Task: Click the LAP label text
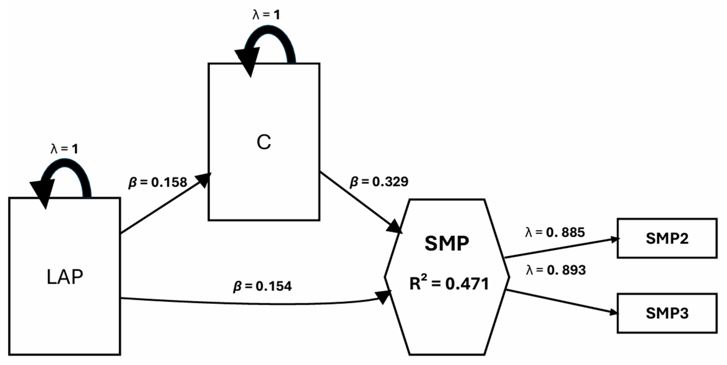(x=65, y=277)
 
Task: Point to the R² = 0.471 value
(x=449, y=284)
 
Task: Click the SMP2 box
(x=667, y=238)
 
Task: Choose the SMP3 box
(x=667, y=313)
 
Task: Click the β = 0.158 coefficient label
(x=158, y=182)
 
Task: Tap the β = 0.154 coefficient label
(x=262, y=286)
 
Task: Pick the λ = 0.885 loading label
(x=555, y=232)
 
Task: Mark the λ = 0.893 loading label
(x=556, y=270)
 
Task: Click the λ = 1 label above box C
(x=266, y=15)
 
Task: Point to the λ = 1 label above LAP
(x=64, y=149)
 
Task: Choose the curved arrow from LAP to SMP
(x=254, y=304)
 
